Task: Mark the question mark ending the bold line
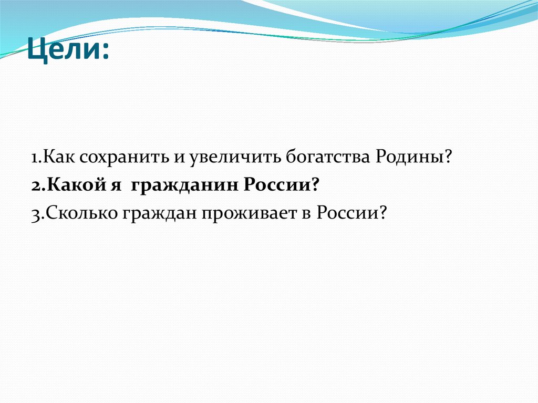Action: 316,185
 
